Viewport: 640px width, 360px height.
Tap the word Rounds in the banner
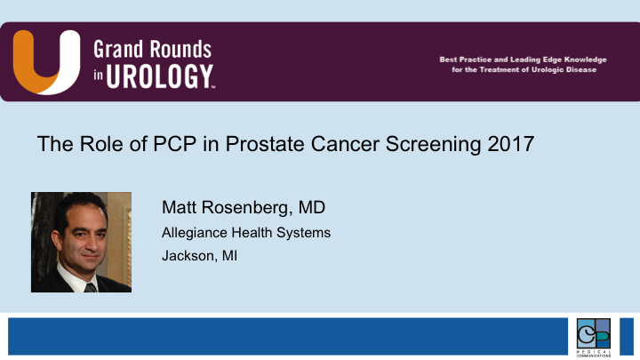tap(180, 49)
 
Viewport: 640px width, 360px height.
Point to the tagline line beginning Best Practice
tap(523, 60)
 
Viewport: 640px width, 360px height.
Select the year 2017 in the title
tap(512, 144)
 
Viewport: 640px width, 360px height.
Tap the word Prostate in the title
tap(249, 144)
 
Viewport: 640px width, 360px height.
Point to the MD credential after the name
tap(311, 207)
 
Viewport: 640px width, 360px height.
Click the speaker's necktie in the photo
tap(90, 284)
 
